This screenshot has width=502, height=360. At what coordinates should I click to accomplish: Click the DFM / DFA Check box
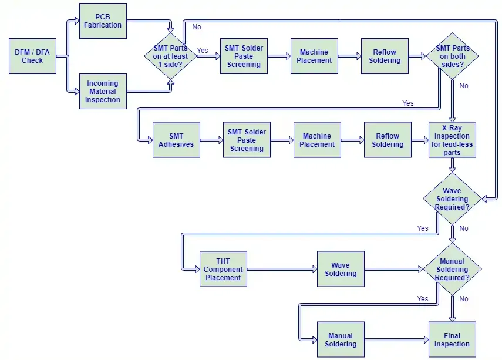coord(32,56)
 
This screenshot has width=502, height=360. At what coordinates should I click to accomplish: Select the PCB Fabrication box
coord(103,21)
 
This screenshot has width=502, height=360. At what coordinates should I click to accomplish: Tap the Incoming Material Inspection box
coord(103,91)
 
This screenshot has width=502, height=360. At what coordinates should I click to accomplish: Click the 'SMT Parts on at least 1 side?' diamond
coord(170,56)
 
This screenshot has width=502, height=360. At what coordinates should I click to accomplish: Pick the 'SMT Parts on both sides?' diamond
coord(452,56)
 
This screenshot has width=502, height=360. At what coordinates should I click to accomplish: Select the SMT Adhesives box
coord(176,140)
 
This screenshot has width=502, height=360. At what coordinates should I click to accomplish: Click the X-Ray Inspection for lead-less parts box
coord(452,140)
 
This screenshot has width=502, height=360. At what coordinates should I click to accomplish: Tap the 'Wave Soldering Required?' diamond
coord(452,198)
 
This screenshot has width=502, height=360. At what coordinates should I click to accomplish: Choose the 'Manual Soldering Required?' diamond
coord(452,269)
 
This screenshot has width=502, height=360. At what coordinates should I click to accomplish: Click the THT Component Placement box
coord(223,269)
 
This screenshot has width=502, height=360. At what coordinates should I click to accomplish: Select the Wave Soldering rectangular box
coord(341,269)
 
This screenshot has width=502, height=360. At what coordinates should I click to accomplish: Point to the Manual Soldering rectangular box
coord(341,339)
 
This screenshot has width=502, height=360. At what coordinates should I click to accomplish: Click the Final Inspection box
coord(452,339)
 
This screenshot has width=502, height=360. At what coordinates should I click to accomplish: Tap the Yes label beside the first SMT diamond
coord(203,51)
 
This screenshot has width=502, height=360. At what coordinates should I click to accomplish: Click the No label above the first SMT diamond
coord(197,27)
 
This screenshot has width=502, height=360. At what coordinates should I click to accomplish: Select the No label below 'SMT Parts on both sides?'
coord(464,86)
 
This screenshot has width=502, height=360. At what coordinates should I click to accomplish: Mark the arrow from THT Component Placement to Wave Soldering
coord(282,269)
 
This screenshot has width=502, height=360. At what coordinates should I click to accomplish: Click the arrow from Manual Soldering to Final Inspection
coord(397,339)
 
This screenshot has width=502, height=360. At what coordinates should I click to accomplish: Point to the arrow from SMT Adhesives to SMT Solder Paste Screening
coord(211,140)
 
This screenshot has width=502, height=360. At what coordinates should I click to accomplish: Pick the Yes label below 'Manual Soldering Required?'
coord(423,298)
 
